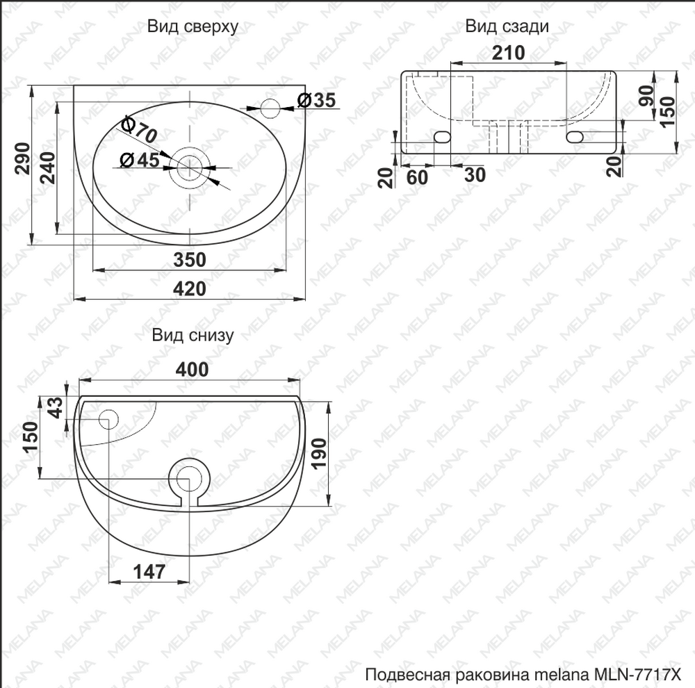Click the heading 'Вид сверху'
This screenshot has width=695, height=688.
pos(193,27)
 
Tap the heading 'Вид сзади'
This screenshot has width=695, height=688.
pos(507,26)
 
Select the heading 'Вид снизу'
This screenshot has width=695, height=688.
pos(193,335)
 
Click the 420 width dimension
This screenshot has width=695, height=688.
pos(189,288)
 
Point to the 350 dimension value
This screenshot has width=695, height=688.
pos(189,260)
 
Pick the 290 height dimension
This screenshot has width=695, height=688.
pos(23,158)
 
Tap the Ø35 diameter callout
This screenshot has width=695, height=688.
pos(316,100)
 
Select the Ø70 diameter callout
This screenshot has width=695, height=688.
pos(139,129)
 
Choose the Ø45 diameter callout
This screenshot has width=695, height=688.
pos(140,160)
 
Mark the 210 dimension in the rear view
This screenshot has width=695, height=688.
pos(509,54)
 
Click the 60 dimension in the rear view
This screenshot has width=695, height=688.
pos(417,177)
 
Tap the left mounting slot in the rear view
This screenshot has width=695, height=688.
pos(442,137)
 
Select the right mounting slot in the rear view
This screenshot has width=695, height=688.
pos(575,137)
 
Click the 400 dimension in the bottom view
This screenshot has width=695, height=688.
pos(192,369)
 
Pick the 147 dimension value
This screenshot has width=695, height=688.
pos(149,572)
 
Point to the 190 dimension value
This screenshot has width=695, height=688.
pos(319,453)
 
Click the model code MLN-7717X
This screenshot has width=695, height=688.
pos(637,675)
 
